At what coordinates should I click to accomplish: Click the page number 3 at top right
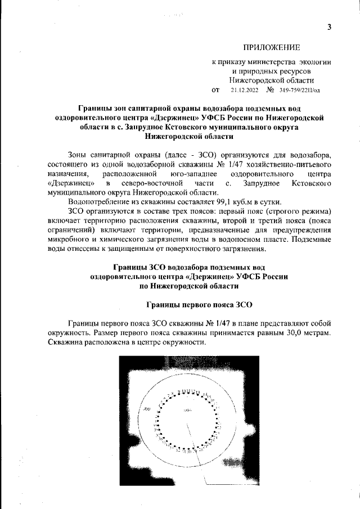pyautogui.click(x=330, y=28)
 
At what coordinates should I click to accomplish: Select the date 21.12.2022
pyautogui.click(x=245, y=89)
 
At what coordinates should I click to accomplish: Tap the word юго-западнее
pyautogui.click(x=197, y=174)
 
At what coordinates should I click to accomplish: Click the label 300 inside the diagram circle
pyautogui.click(x=147, y=408)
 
